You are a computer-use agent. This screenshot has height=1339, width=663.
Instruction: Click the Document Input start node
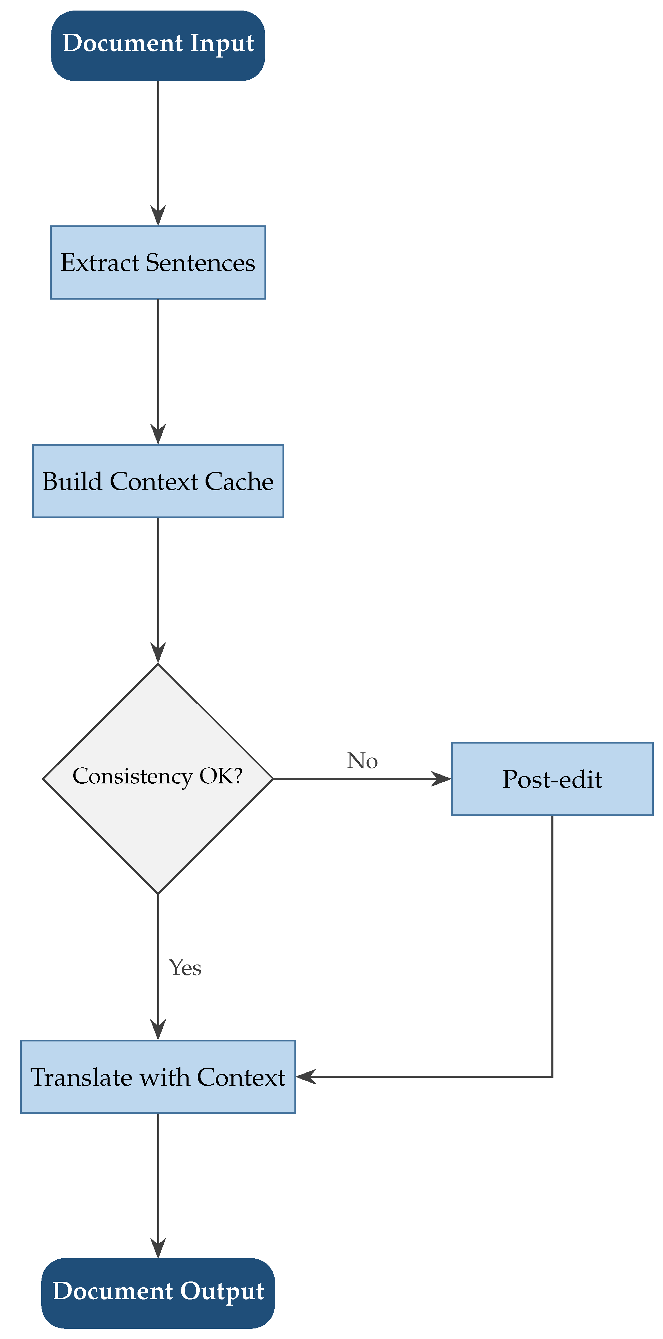(158, 45)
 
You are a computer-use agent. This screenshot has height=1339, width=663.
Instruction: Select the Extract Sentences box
(158, 262)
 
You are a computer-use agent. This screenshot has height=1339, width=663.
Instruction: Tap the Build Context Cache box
(158, 481)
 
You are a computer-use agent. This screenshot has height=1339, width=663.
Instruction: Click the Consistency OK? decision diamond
(158, 779)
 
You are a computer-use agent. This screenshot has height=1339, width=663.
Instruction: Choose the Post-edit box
(552, 779)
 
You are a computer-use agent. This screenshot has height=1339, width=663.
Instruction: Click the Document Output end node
(158, 1293)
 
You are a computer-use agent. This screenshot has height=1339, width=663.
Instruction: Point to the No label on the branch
(362, 761)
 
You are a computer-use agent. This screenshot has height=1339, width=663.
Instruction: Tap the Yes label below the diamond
(185, 967)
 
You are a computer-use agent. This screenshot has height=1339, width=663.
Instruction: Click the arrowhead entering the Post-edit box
(443, 779)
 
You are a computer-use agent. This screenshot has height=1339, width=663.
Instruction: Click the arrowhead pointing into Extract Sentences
(158, 217)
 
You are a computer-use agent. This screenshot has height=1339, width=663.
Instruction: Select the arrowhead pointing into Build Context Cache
(158, 435)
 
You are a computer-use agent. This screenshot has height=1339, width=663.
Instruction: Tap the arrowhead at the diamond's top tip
(158, 654)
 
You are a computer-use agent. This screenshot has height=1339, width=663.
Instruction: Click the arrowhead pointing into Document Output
(158, 1249)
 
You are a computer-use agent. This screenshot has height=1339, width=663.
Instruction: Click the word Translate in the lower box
(81, 1077)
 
